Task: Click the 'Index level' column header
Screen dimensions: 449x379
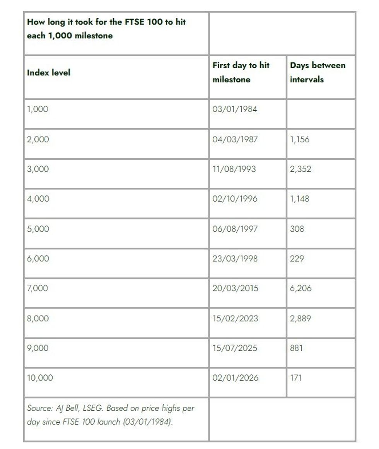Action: [x=49, y=72]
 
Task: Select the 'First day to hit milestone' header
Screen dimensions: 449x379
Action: [x=241, y=72]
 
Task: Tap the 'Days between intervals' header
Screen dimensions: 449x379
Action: [x=318, y=72]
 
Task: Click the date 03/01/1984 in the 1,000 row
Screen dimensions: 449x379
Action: [x=234, y=109]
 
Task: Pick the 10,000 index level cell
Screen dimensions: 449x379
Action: [x=40, y=378]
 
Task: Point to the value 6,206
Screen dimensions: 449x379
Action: [x=300, y=288]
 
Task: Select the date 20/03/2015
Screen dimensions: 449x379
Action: [x=235, y=288]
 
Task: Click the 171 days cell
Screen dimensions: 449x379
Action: [x=295, y=378]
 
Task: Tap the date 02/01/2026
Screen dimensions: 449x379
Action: [x=235, y=378]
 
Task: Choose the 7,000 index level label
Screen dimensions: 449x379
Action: [x=38, y=288]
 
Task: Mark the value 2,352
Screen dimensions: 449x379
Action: [x=300, y=169]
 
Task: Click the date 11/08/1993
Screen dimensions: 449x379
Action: [x=234, y=169]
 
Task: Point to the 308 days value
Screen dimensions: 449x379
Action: [x=297, y=229]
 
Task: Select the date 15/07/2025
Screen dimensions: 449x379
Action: [x=235, y=348]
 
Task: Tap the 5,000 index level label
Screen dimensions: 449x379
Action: [x=38, y=229]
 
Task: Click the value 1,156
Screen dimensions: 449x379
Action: [x=300, y=139]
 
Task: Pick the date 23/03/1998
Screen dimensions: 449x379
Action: [x=235, y=259]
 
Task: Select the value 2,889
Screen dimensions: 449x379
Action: [x=300, y=319]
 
